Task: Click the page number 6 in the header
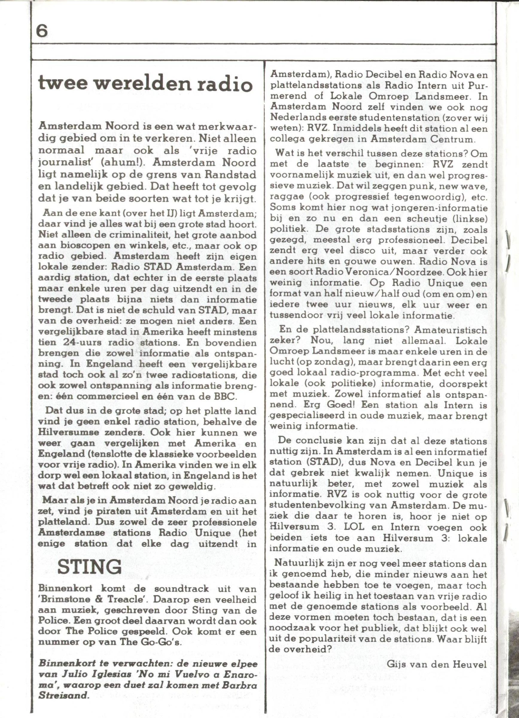(42, 32)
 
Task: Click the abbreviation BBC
(224, 396)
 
